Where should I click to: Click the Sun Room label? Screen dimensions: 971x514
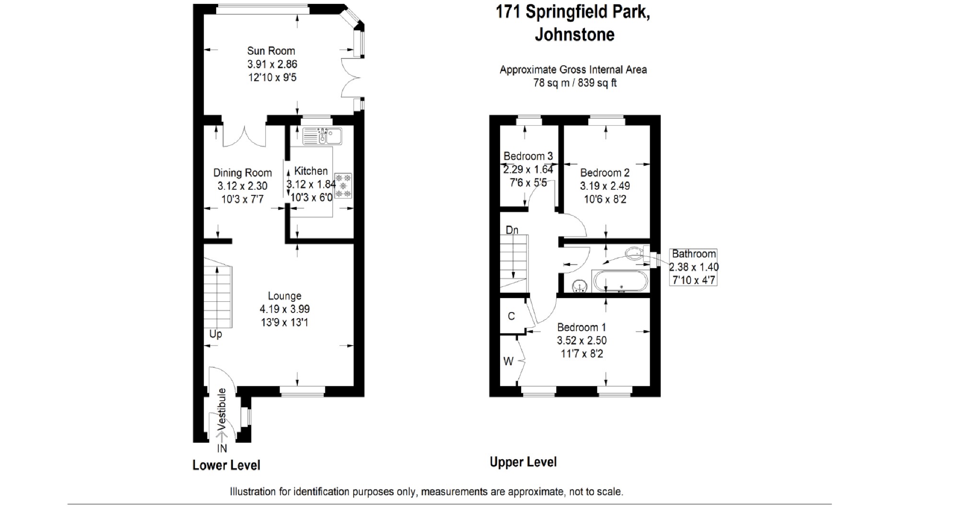pyautogui.click(x=271, y=51)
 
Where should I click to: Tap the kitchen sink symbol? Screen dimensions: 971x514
pyautogui.click(x=322, y=136)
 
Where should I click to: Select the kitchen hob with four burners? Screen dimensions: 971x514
pyautogui.click(x=343, y=186)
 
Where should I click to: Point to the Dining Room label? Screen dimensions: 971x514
pyautogui.click(x=242, y=173)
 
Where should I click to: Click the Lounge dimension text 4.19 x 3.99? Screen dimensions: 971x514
pyautogui.click(x=285, y=310)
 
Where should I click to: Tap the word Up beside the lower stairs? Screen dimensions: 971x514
pyautogui.click(x=216, y=334)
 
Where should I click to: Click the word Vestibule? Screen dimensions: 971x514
pyautogui.click(x=222, y=409)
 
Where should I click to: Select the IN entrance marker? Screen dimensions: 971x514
pyautogui.click(x=222, y=448)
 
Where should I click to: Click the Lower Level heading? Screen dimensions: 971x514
pyautogui.click(x=226, y=465)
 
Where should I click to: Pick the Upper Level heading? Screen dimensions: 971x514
pyautogui.click(x=523, y=462)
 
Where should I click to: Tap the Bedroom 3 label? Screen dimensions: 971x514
pyautogui.click(x=528, y=156)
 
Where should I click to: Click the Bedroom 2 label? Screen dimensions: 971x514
pyautogui.click(x=605, y=173)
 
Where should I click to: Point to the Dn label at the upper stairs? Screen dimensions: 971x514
pyautogui.click(x=512, y=230)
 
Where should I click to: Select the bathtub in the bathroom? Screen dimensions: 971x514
pyautogui.click(x=620, y=281)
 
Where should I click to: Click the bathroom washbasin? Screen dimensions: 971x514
pyautogui.click(x=581, y=286)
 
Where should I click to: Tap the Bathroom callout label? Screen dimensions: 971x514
pyautogui.click(x=693, y=254)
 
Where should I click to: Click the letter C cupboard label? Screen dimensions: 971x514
pyautogui.click(x=511, y=316)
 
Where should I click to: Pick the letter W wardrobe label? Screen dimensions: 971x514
pyautogui.click(x=508, y=361)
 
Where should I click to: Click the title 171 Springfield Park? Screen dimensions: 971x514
pyautogui.click(x=573, y=12)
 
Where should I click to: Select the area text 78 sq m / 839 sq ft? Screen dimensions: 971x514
pyautogui.click(x=575, y=83)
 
